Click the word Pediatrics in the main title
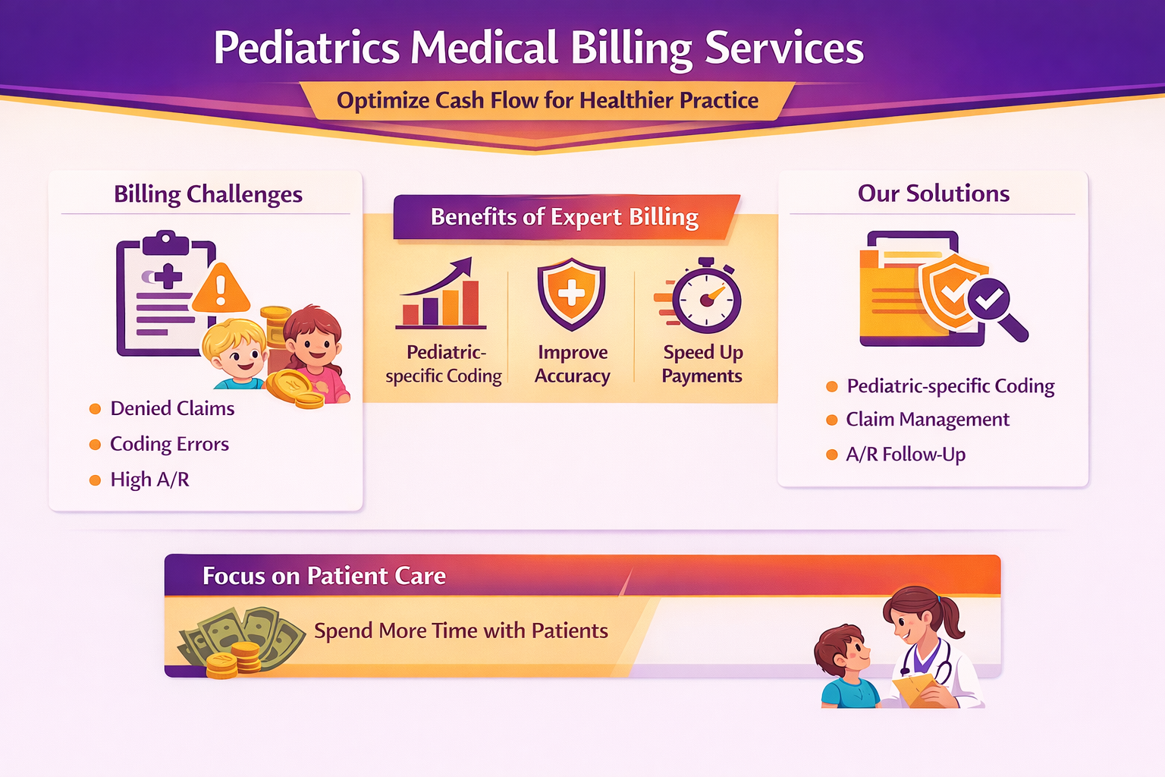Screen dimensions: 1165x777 [x=306, y=48]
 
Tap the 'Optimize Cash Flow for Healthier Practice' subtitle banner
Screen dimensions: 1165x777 [x=547, y=100]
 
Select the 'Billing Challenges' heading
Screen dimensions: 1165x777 [x=208, y=194]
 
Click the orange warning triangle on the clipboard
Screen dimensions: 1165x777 [x=221, y=288]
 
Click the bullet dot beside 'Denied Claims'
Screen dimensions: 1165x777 [x=95, y=409]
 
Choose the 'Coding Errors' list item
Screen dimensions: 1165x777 [x=169, y=444]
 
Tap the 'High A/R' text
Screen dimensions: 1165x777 [x=149, y=480]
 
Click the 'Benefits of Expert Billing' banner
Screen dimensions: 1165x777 [x=566, y=217]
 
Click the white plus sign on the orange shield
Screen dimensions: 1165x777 [x=571, y=292]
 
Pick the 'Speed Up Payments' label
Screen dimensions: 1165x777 [x=702, y=363]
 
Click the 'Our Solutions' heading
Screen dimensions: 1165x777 [x=933, y=193]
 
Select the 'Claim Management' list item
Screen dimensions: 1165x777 [x=928, y=420]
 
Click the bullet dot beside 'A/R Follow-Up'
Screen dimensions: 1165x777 [x=831, y=455]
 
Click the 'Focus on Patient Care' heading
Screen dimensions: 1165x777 [x=324, y=576]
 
